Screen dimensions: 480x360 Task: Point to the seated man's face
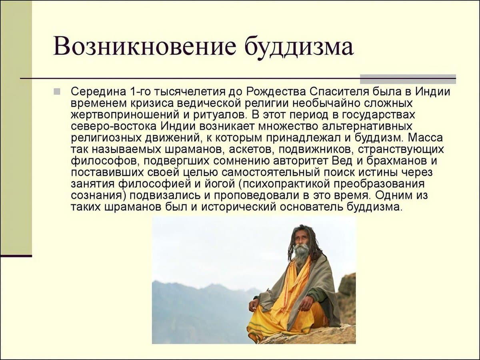300,240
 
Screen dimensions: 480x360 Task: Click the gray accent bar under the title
408,79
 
